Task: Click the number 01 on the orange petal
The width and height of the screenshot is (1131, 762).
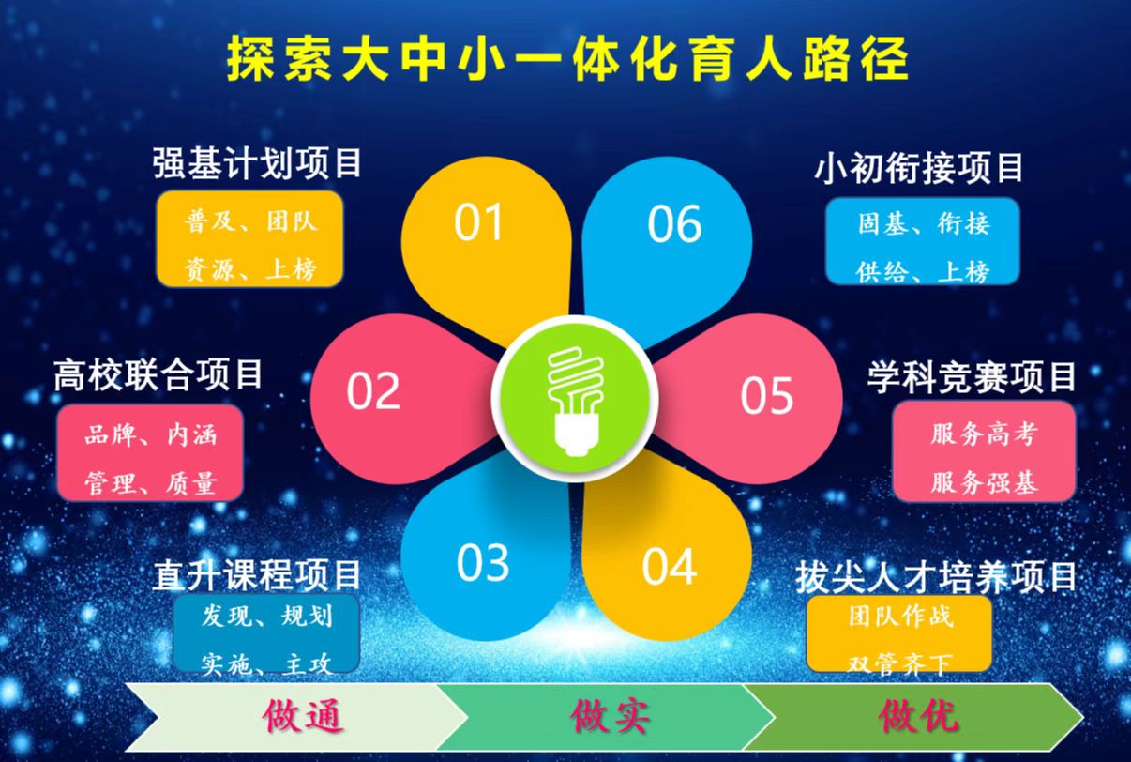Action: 477,221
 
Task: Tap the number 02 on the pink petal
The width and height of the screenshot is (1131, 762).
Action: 373,390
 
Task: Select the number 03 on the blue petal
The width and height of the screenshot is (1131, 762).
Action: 483,562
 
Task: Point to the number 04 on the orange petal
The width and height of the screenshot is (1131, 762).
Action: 669,567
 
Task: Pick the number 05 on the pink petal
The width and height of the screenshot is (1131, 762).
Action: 766,395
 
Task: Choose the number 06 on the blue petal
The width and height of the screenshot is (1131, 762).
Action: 674,223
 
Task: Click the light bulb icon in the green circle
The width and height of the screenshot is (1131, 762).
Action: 576,402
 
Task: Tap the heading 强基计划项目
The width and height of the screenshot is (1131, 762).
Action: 258,162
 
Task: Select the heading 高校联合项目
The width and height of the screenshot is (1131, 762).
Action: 158,374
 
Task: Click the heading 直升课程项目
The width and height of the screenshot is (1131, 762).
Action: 257,574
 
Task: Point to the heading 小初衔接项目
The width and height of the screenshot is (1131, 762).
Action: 918,168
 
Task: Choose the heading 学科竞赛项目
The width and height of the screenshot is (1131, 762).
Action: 972,376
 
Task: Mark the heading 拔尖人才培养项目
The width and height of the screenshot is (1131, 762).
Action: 936,577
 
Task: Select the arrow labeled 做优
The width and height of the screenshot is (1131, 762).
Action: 913,717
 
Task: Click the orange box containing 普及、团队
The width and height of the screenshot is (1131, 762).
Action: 250,239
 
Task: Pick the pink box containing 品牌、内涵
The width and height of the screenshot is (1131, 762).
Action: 150,452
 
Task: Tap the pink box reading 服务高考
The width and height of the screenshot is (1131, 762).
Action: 984,451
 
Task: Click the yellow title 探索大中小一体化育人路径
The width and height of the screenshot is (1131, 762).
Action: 567,58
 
